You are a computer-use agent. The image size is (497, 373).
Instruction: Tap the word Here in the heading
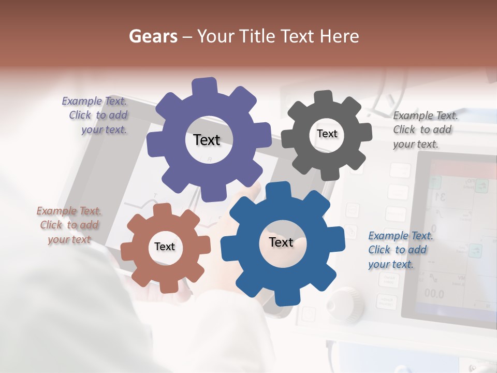point(339,36)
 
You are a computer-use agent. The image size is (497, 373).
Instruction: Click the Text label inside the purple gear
point(207,140)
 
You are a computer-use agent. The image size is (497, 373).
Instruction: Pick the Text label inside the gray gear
point(327,134)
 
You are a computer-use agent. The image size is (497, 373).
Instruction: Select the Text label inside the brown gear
point(165,247)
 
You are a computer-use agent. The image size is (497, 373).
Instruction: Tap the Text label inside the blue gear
point(281,242)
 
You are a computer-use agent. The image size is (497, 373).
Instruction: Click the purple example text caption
point(96,115)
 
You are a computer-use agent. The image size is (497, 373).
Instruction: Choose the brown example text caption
point(69,225)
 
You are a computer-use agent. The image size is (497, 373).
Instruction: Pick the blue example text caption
point(400,250)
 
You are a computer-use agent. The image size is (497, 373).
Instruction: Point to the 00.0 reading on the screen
point(434,293)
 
